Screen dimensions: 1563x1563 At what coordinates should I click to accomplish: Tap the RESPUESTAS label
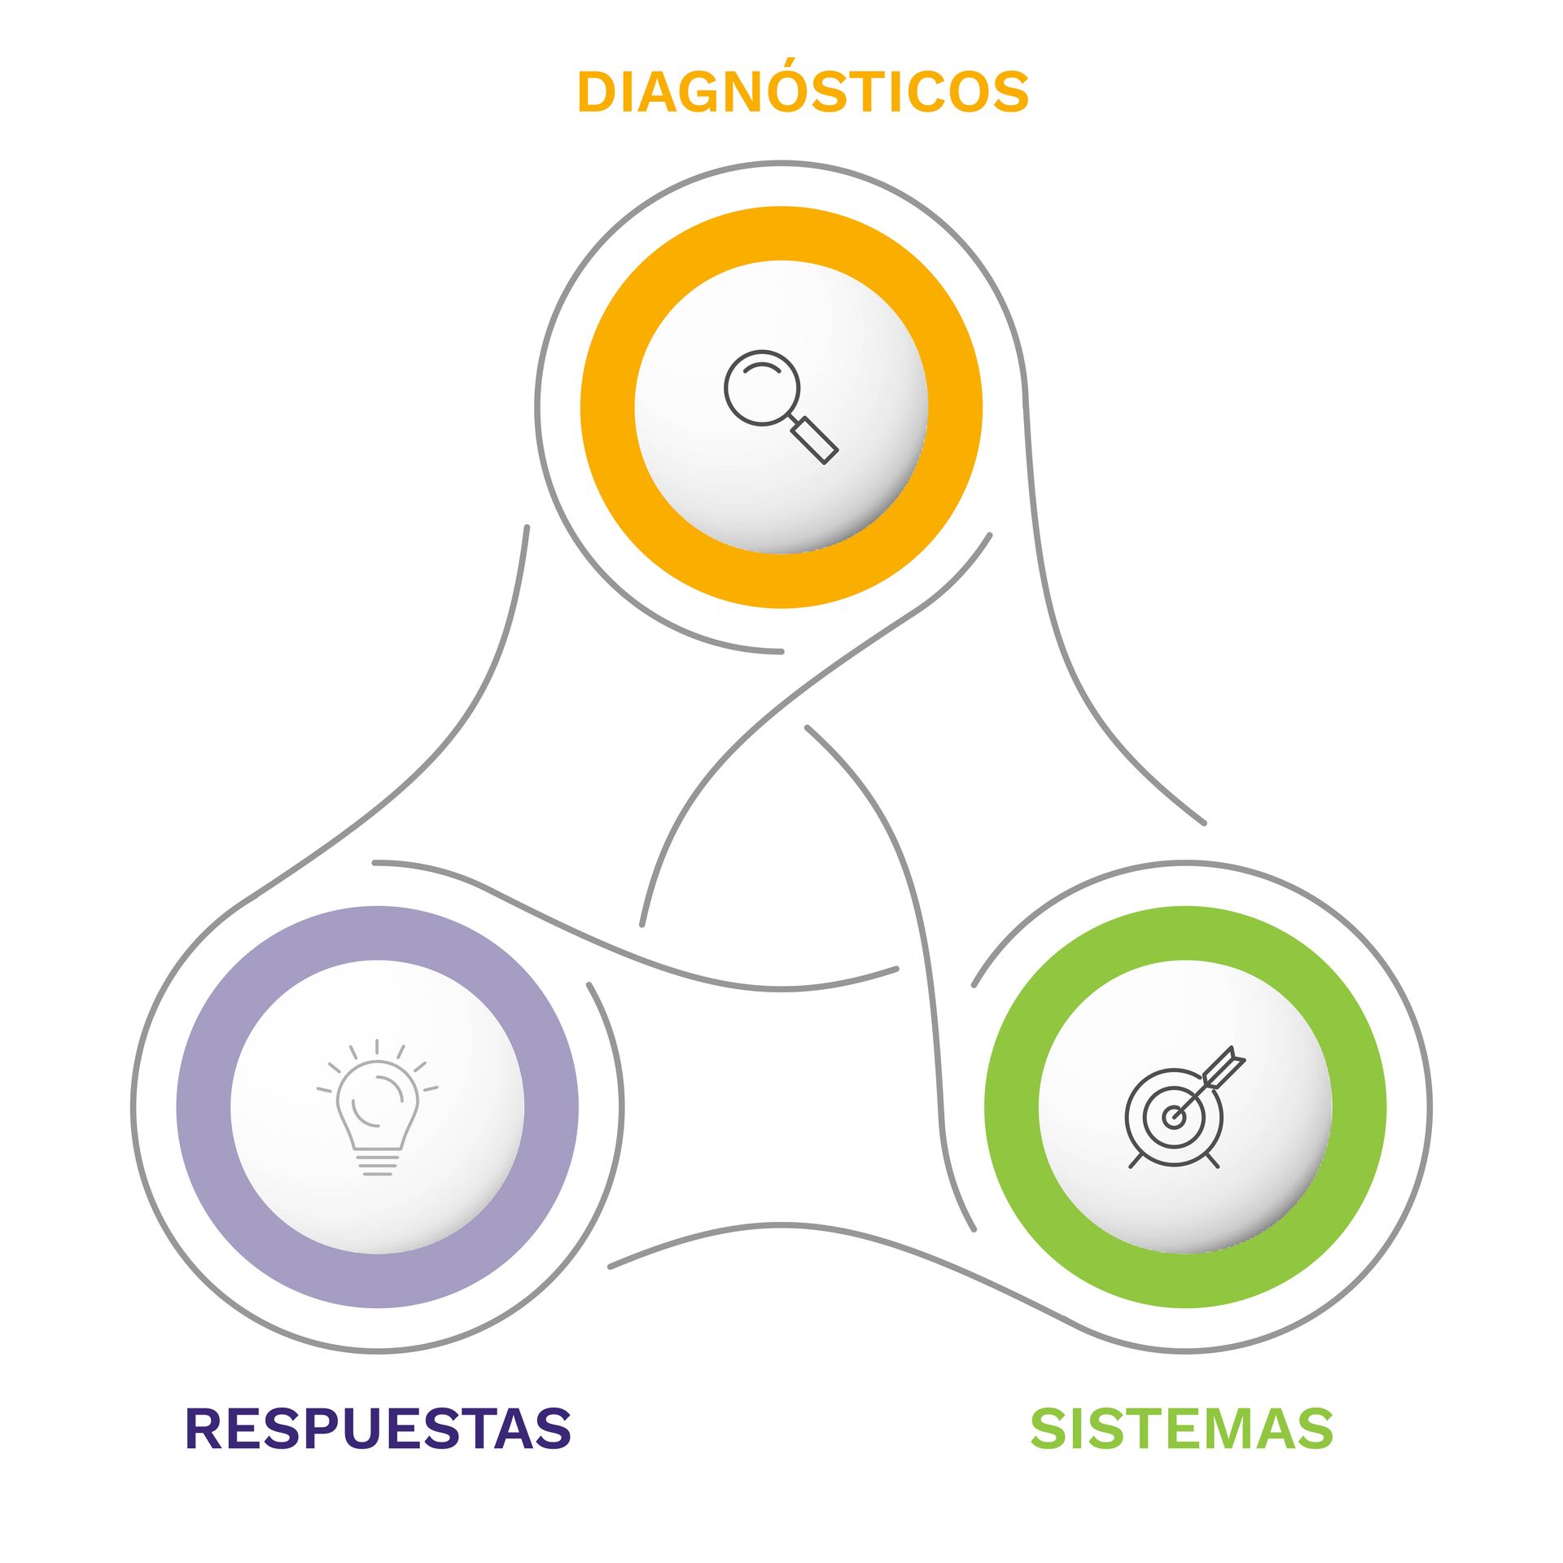379,1428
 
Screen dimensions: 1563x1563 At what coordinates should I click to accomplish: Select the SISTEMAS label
1181,1428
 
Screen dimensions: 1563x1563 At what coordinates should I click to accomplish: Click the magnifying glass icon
781,406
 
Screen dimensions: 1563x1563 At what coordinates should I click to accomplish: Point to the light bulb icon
377,1107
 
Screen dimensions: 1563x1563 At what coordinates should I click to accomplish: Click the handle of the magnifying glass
815,440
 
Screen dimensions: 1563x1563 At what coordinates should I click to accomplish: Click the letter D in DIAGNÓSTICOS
598,91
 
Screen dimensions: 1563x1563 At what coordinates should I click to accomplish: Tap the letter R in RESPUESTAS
206,1428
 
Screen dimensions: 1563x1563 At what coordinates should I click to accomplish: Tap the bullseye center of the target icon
1173,1117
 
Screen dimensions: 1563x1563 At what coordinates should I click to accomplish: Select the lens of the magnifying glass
762,387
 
